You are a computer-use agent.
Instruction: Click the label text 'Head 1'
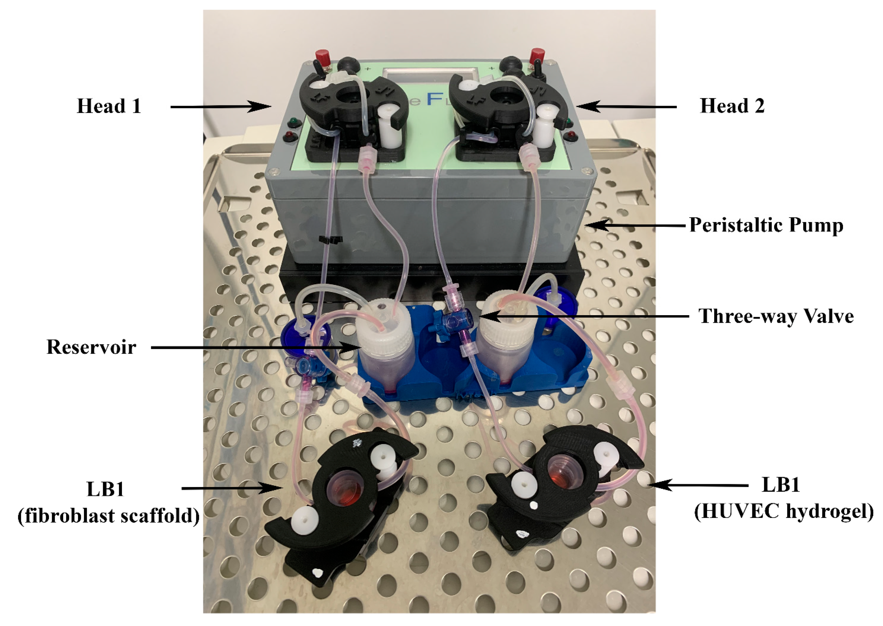pos(109,106)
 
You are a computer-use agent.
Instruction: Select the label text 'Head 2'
pos(731,106)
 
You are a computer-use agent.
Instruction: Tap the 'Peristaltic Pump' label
pos(766,225)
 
